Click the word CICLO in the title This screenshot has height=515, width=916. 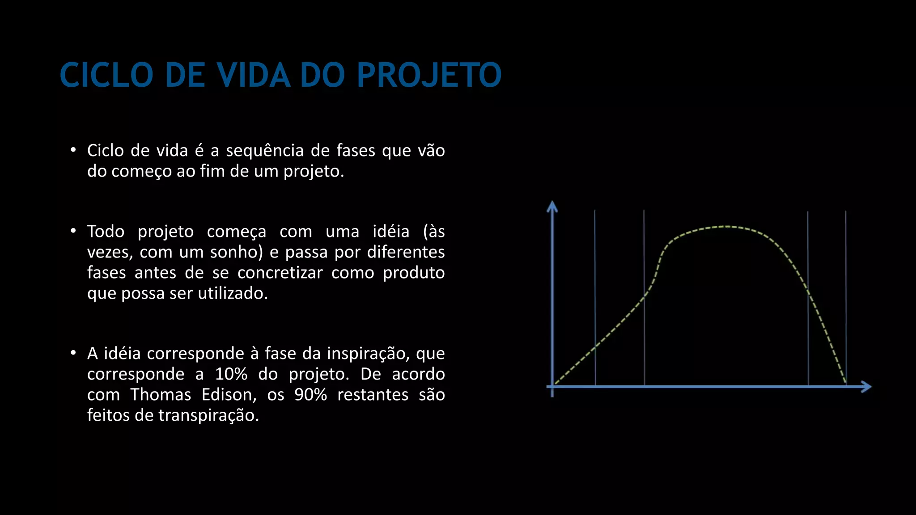(106, 75)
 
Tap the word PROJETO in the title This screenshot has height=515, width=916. (429, 75)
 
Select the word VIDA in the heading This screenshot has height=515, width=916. (254, 75)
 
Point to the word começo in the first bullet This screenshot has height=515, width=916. (141, 172)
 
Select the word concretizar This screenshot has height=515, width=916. (280, 273)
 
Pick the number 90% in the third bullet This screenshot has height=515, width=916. (311, 395)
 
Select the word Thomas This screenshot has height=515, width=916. (161, 395)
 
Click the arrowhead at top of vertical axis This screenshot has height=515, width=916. (552, 206)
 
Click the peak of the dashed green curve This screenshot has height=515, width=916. (727, 227)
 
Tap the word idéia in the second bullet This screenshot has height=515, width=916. (391, 232)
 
